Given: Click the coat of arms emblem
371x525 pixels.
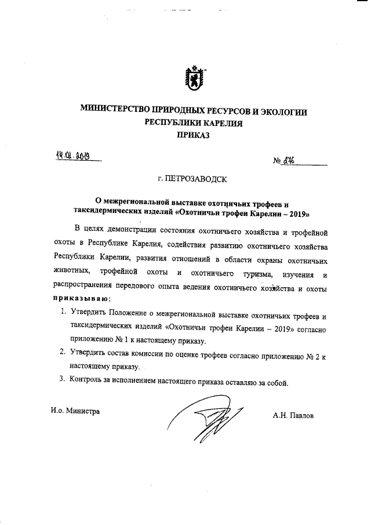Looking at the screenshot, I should point(192,78).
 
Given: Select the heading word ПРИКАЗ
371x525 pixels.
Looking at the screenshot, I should point(192,136).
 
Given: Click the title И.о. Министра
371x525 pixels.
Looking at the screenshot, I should point(75,411).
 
